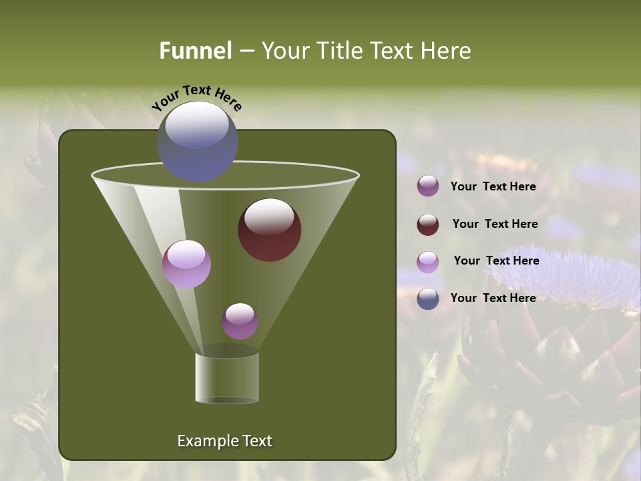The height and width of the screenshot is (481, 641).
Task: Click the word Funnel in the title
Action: coord(195,51)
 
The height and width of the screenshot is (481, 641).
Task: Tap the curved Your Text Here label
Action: coord(196,98)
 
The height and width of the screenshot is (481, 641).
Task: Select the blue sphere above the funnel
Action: coord(198,142)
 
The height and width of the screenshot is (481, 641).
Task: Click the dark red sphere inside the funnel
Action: coord(269,229)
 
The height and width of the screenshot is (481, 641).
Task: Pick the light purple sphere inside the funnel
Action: coord(186,263)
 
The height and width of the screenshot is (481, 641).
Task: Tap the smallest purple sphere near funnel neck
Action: coord(240,321)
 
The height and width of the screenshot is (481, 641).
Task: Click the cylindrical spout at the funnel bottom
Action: coord(227,377)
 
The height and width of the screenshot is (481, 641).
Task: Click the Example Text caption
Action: coord(224,441)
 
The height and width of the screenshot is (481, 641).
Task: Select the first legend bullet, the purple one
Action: coord(428,186)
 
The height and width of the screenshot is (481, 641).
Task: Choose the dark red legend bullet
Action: coord(428,224)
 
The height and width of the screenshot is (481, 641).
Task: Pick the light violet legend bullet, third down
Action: coord(428,262)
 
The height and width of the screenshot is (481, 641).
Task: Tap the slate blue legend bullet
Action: coord(428,299)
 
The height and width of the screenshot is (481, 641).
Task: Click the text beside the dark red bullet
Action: coord(495,224)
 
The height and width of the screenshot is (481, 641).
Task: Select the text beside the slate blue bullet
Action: coord(493,298)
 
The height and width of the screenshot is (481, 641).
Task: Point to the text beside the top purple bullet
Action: coord(493,186)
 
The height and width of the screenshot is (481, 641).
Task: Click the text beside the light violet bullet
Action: coord(496,261)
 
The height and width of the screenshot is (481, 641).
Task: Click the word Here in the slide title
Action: coord(447,51)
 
